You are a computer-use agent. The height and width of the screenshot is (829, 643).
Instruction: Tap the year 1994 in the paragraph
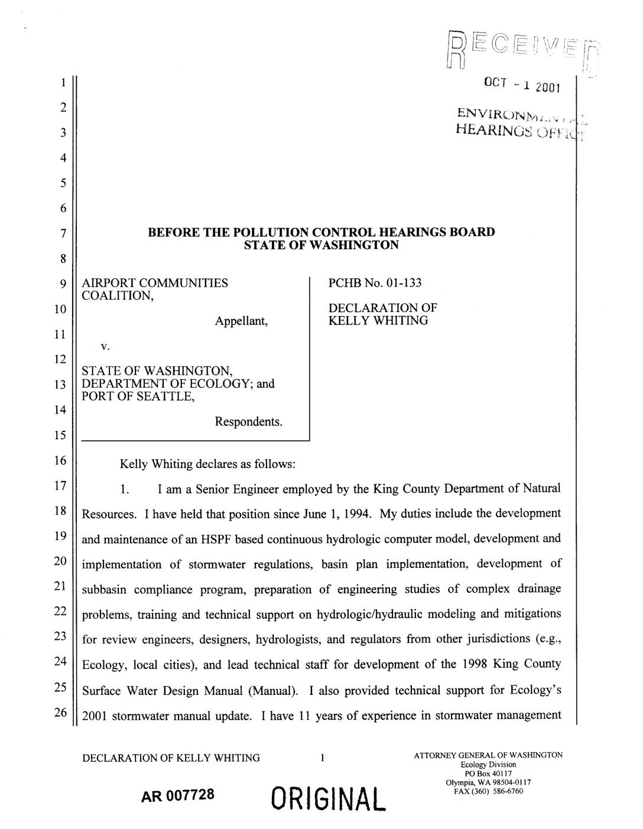point(358,513)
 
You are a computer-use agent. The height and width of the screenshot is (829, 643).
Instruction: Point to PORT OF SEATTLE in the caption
point(138,396)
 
